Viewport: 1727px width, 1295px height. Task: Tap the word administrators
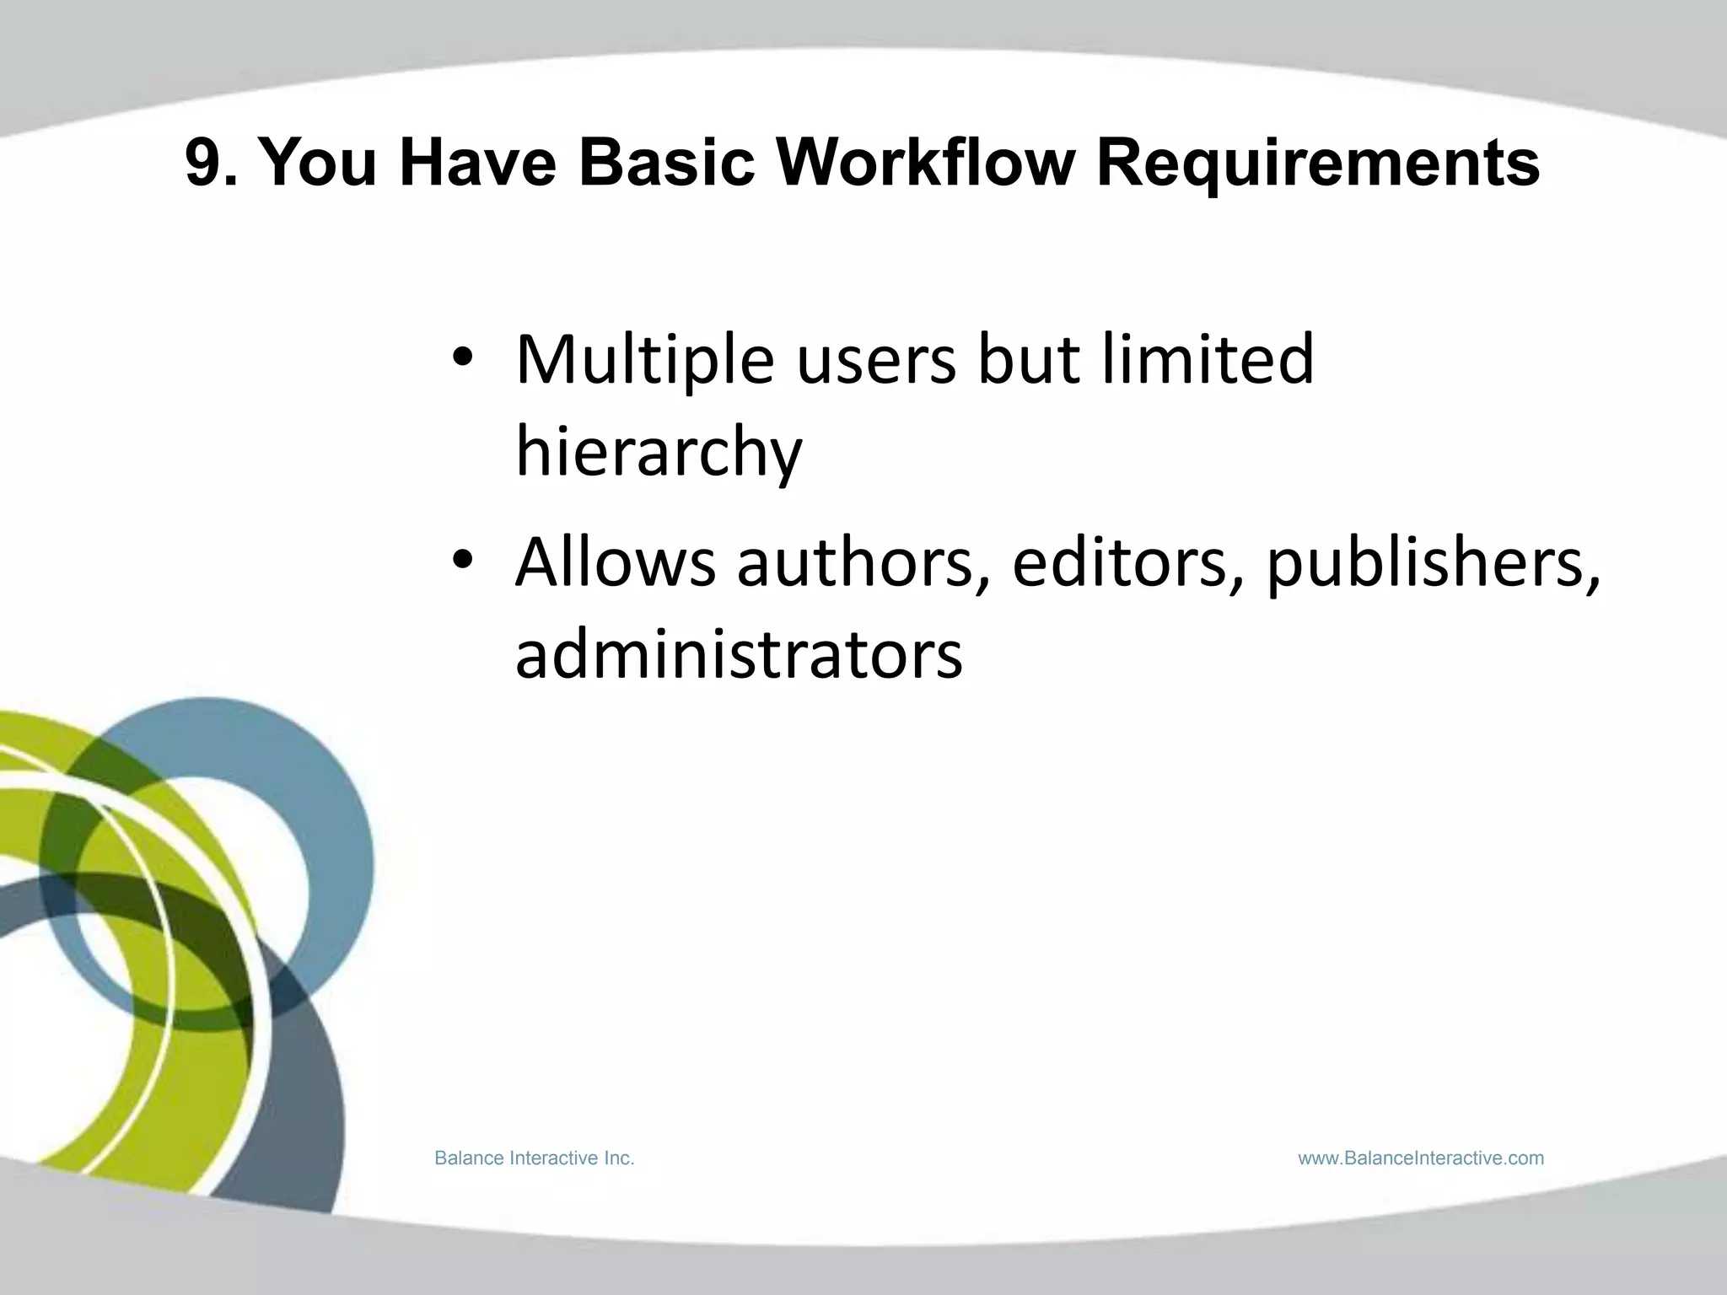739,654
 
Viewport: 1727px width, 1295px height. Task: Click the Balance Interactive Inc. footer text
534,1158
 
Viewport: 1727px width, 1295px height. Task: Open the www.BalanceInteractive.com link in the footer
1421,1158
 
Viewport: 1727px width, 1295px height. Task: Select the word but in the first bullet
1028,359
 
